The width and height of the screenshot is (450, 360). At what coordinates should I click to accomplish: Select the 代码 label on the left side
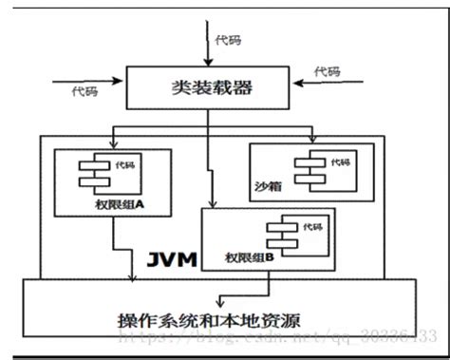[84, 92]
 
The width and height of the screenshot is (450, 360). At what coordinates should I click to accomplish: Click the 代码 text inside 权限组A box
[124, 164]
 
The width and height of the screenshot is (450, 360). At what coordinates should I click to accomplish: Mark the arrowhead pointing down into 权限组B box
[215, 205]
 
